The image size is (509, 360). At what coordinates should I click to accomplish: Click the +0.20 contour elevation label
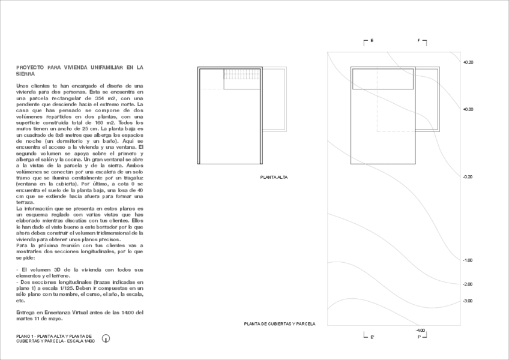(x=468, y=62)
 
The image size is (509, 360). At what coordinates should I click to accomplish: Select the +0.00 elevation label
(x=468, y=110)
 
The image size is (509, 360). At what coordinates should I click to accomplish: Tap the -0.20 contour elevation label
(x=468, y=177)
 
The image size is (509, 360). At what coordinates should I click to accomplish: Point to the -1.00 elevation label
(x=468, y=260)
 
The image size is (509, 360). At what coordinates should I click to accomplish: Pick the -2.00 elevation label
(x=468, y=284)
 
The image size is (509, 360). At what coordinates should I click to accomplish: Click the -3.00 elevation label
(x=468, y=301)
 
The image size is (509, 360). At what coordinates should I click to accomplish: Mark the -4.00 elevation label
(x=420, y=330)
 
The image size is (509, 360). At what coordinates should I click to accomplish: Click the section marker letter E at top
(x=372, y=41)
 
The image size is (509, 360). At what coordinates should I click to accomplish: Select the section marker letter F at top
(x=419, y=41)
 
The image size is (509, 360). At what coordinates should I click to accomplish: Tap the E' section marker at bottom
(x=372, y=337)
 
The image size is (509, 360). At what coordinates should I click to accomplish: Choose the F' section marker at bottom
(x=420, y=337)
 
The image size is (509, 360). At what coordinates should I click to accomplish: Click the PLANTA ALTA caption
(x=271, y=178)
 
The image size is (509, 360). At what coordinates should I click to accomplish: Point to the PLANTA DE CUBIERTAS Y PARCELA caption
(x=279, y=324)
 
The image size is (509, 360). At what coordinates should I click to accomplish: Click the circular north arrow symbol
(x=106, y=338)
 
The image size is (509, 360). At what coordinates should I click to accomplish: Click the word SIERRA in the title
(x=26, y=74)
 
